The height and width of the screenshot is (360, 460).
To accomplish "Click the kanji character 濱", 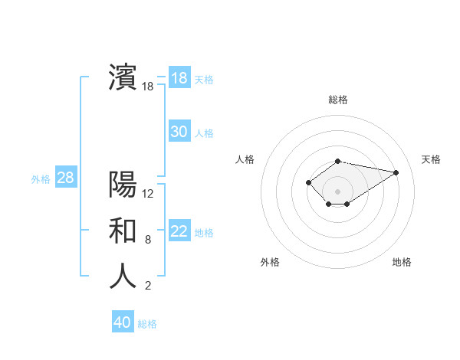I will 123,77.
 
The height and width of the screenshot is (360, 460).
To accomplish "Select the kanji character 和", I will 123,231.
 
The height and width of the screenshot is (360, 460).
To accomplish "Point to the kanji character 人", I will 123,277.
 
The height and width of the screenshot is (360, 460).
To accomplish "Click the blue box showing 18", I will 179,78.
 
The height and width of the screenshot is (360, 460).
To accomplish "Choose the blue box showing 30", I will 179,132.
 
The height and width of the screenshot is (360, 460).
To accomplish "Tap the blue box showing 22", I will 179,231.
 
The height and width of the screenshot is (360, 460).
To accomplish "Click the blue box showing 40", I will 123,322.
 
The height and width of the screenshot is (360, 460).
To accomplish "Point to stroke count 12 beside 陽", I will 148,194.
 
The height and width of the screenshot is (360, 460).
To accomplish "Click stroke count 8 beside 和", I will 148,240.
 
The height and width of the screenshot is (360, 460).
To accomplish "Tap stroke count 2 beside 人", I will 148,286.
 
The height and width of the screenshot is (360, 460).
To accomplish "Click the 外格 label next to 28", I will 41,179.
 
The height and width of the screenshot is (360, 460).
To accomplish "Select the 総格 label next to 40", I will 147,324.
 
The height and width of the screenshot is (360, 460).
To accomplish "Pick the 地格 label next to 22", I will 204,233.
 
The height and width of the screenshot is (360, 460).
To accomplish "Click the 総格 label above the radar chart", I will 338,100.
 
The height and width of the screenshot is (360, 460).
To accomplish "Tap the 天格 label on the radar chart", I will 431,159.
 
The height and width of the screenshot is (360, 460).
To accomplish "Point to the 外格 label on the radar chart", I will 270,262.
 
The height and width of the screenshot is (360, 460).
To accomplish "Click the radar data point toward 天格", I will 396,172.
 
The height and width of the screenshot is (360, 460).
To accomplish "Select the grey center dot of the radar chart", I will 338,191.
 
